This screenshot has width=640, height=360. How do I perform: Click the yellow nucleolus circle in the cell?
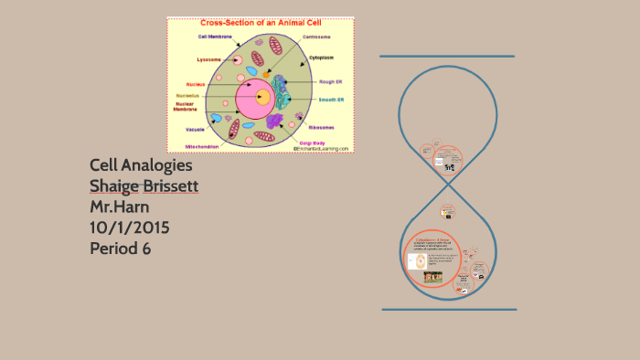point(261,96)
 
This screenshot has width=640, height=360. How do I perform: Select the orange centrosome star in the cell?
point(266,73)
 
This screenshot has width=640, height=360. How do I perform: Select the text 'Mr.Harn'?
point(121,206)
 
